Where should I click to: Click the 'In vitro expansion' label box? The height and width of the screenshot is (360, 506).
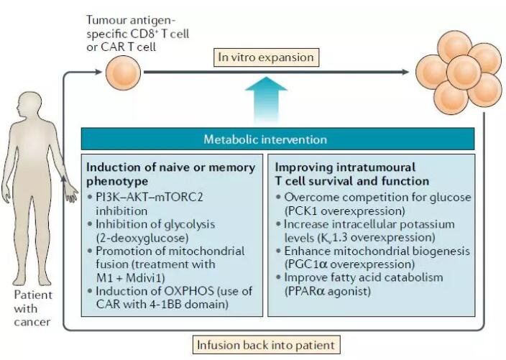pos(266,57)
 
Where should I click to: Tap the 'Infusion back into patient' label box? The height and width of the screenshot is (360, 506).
pos(266,345)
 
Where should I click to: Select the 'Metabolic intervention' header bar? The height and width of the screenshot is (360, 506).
pos(277,139)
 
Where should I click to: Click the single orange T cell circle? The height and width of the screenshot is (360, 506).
pos(124,73)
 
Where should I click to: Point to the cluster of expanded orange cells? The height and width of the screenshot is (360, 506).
pos(459,73)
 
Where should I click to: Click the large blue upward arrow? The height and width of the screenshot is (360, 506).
pos(266,100)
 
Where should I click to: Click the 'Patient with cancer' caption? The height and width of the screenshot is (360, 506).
pos(32,308)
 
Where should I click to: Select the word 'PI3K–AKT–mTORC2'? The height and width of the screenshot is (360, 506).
pos(149,197)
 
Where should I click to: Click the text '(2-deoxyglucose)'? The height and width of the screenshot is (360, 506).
pos(142,238)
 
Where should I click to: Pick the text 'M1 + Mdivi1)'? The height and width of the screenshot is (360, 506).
pos(130,278)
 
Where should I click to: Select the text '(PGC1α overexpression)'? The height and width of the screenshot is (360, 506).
pos(349,264)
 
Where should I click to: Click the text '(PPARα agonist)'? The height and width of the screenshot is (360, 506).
pos(328,291)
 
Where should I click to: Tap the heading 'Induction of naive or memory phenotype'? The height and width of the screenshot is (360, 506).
pos(171,174)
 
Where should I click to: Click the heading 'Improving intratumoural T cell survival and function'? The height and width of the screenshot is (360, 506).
pos(352,174)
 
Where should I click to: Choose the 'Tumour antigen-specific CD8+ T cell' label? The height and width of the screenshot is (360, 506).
pos(137,34)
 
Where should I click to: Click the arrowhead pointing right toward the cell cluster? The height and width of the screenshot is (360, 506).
pos(405,72)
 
